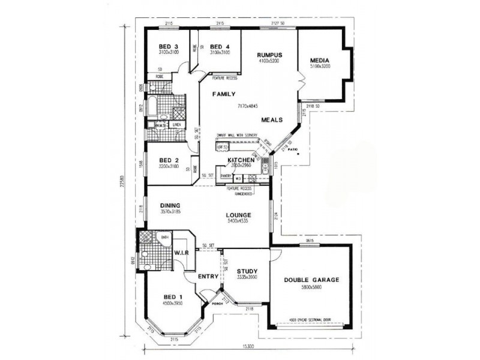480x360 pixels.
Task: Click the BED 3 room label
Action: click(x=168, y=47)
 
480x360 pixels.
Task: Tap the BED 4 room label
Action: click(x=220, y=47)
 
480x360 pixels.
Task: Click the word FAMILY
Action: click(x=223, y=94)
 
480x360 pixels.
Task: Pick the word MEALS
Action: click(x=272, y=119)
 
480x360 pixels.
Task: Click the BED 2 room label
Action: click(x=168, y=160)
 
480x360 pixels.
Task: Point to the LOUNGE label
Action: click(x=238, y=215)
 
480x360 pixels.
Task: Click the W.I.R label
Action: click(x=181, y=253)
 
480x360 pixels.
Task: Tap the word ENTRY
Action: click(x=208, y=277)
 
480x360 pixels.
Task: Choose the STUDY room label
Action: click(x=247, y=271)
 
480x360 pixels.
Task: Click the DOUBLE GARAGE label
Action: click(x=313, y=280)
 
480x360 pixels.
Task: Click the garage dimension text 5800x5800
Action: click(x=313, y=287)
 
